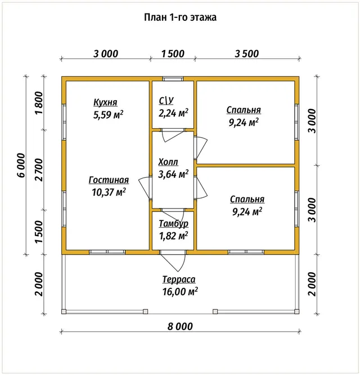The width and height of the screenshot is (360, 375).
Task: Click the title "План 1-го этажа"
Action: tap(180, 17)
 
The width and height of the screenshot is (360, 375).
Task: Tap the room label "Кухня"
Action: tap(105, 102)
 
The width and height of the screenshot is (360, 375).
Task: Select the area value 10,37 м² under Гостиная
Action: tap(109, 192)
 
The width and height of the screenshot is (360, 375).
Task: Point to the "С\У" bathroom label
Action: tap(166, 101)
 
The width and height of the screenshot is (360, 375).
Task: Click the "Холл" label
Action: tap(168, 162)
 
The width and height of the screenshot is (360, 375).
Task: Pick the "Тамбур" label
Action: tap(174, 224)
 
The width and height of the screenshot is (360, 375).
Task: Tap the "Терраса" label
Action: tap(179, 279)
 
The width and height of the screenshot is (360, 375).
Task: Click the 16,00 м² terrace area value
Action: tap(180, 291)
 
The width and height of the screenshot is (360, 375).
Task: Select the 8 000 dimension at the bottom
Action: tap(180, 327)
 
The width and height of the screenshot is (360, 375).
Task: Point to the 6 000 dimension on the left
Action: tap(21, 165)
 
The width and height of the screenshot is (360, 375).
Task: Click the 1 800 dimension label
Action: tap(39, 103)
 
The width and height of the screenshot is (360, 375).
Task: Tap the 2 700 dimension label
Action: tap(39, 170)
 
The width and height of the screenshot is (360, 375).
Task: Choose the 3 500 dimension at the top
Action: tap(246, 53)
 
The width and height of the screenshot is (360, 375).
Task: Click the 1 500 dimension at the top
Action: tap(173, 53)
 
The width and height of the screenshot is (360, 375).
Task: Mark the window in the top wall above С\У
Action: tap(173, 79)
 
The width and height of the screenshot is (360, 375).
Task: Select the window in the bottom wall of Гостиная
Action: tap(107, 252)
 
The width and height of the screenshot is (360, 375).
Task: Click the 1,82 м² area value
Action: tap(174, 236)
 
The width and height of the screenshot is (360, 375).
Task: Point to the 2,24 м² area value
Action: tap(173, 113)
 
